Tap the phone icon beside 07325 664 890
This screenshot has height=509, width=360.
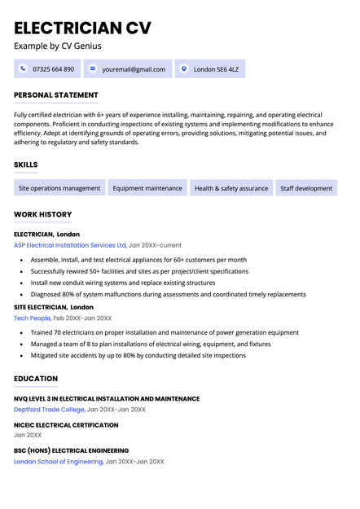[23, 69]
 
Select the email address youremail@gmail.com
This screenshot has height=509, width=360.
[134, 69]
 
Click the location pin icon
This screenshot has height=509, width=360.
[184, 69]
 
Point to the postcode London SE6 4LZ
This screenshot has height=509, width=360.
[216, 69]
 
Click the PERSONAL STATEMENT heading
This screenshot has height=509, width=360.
[56, 95]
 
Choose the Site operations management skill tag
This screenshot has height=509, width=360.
[59, 188]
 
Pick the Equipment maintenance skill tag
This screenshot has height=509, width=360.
[147, 188]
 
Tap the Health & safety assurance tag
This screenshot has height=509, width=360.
[231, 188]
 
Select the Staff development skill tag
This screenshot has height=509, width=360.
[306, 188]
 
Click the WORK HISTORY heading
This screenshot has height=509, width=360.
[43, 214]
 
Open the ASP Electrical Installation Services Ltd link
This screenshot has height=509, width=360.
[70, 245]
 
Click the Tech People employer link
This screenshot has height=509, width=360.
[33, 318]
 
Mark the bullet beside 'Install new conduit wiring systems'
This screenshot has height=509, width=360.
[20, 283]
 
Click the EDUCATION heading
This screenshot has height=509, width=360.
[36, 379]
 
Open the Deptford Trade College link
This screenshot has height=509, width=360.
[49, 410]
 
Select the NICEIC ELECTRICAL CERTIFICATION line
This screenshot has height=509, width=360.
[66, 424]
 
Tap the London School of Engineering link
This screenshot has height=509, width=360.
[59, 462]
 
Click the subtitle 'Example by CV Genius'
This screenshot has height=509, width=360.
[58, 46]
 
